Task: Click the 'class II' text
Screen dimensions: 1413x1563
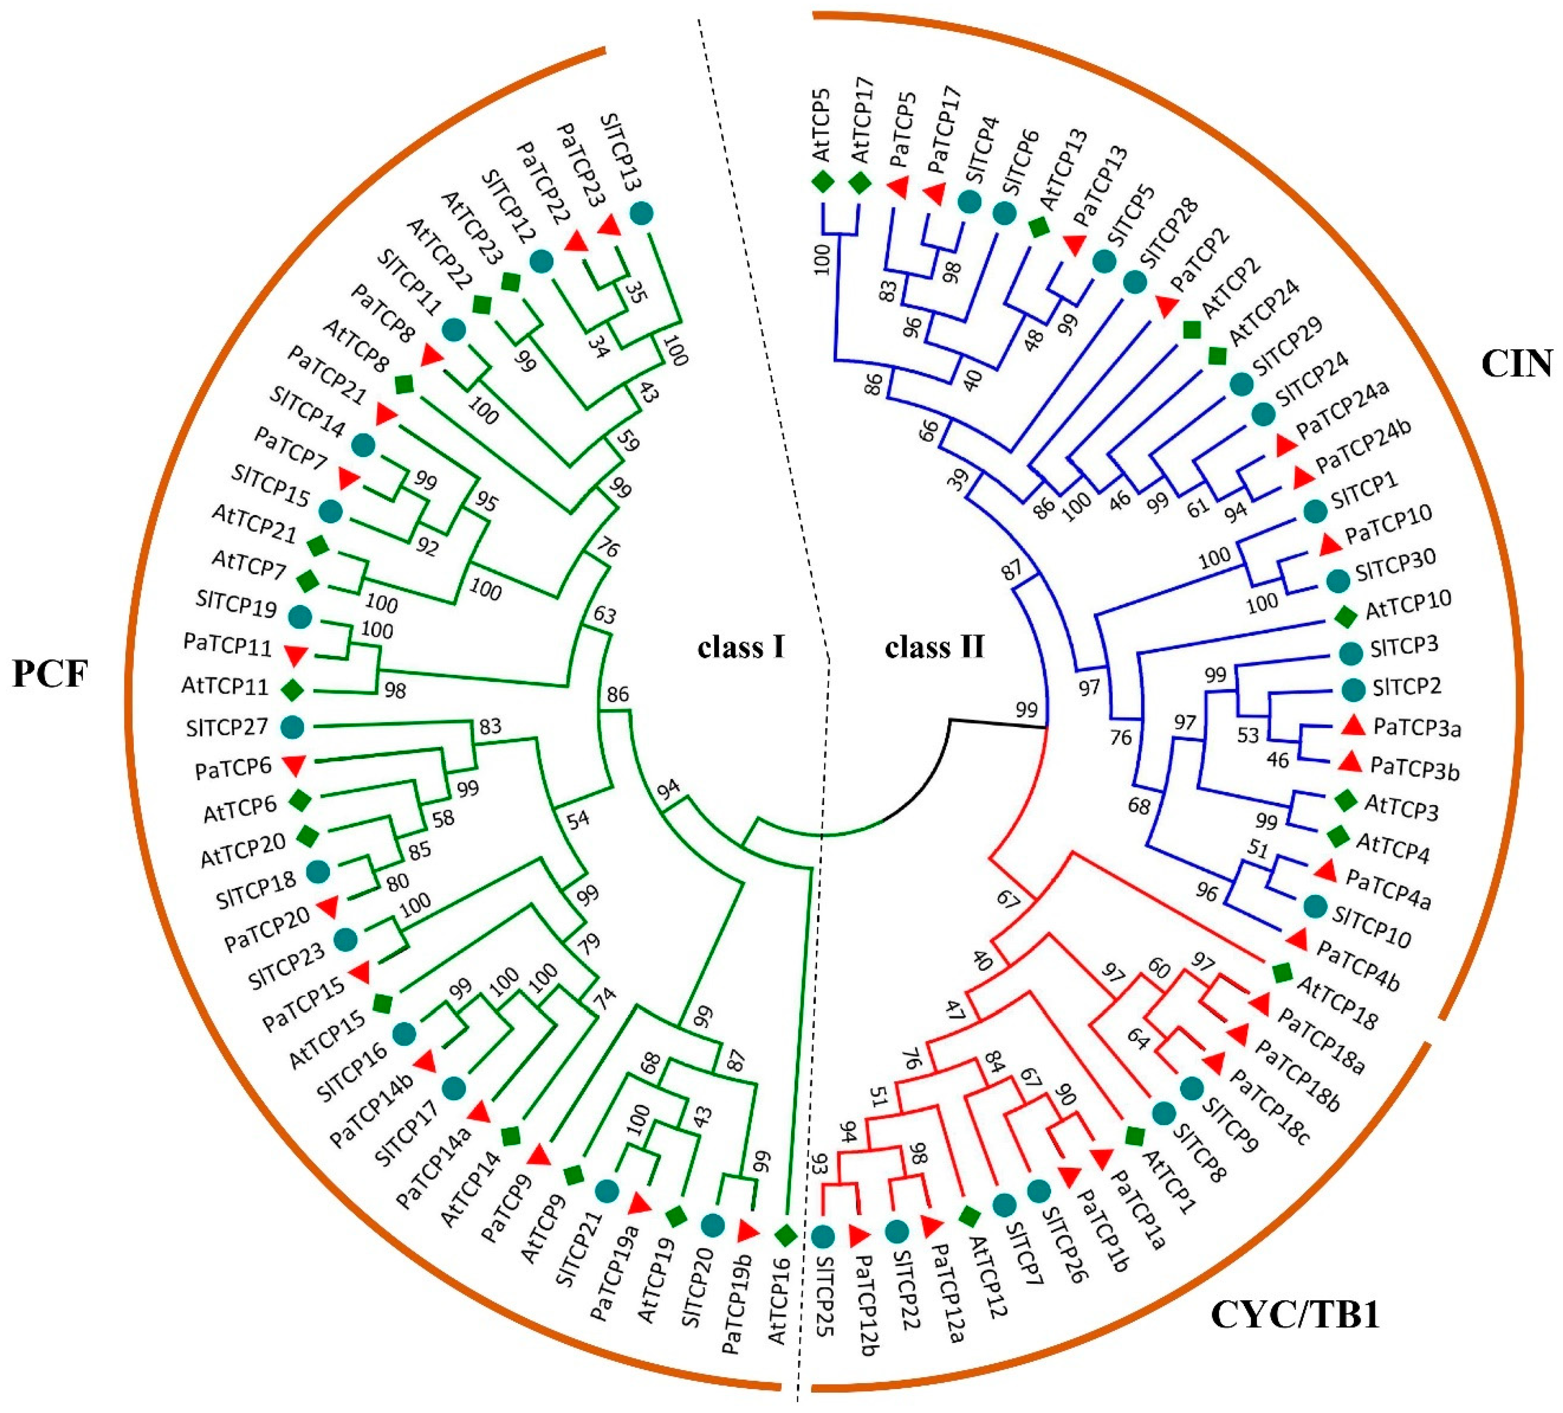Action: coord(934,646)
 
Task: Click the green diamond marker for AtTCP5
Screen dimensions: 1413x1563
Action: coord(823,183)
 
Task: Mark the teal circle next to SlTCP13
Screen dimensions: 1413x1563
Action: coord(640,212)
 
